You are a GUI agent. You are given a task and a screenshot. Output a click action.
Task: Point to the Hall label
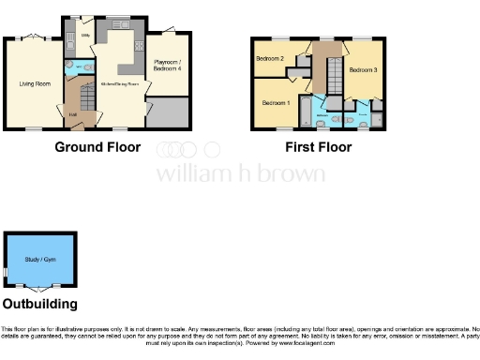tap(73, 113)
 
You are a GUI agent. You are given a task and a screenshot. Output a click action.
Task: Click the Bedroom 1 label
tap(276, 101)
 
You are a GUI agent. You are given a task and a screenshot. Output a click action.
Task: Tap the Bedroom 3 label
tap(363, 70)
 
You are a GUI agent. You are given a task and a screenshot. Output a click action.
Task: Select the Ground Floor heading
tap(97, 147)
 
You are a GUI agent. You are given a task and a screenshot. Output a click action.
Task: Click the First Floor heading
tap(319, 147)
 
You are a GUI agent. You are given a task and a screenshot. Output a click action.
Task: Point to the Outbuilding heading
tap(39, 304)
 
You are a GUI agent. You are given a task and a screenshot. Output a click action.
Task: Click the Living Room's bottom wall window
tap(34, 128)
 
